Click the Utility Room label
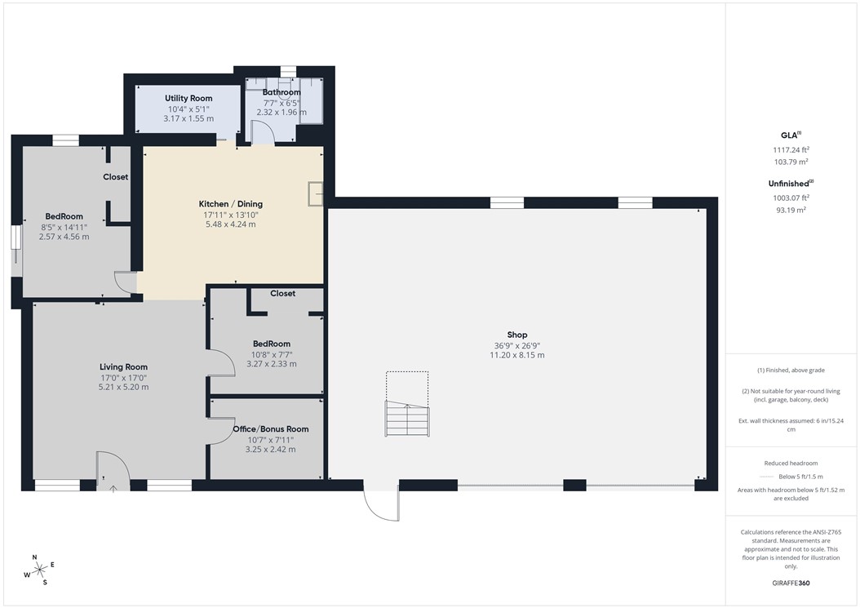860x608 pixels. point(188,98)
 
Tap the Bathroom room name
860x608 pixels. point(281,92)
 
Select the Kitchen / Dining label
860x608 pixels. point(231,204)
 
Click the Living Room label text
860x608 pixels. point(124,366)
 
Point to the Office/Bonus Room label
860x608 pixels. point(270,428)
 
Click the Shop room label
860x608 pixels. point(517,335)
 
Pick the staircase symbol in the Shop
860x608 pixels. point(406,419)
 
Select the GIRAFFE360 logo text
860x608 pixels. point(790,584)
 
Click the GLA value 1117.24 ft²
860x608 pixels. point(790,149)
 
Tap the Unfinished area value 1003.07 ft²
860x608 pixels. point(790,197)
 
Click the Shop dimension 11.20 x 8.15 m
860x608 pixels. point(517,355)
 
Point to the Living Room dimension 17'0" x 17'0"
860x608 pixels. point(124,378)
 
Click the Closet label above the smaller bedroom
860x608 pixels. point(282,293)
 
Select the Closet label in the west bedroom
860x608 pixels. point(115,177)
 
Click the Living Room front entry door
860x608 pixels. point(111,472)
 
